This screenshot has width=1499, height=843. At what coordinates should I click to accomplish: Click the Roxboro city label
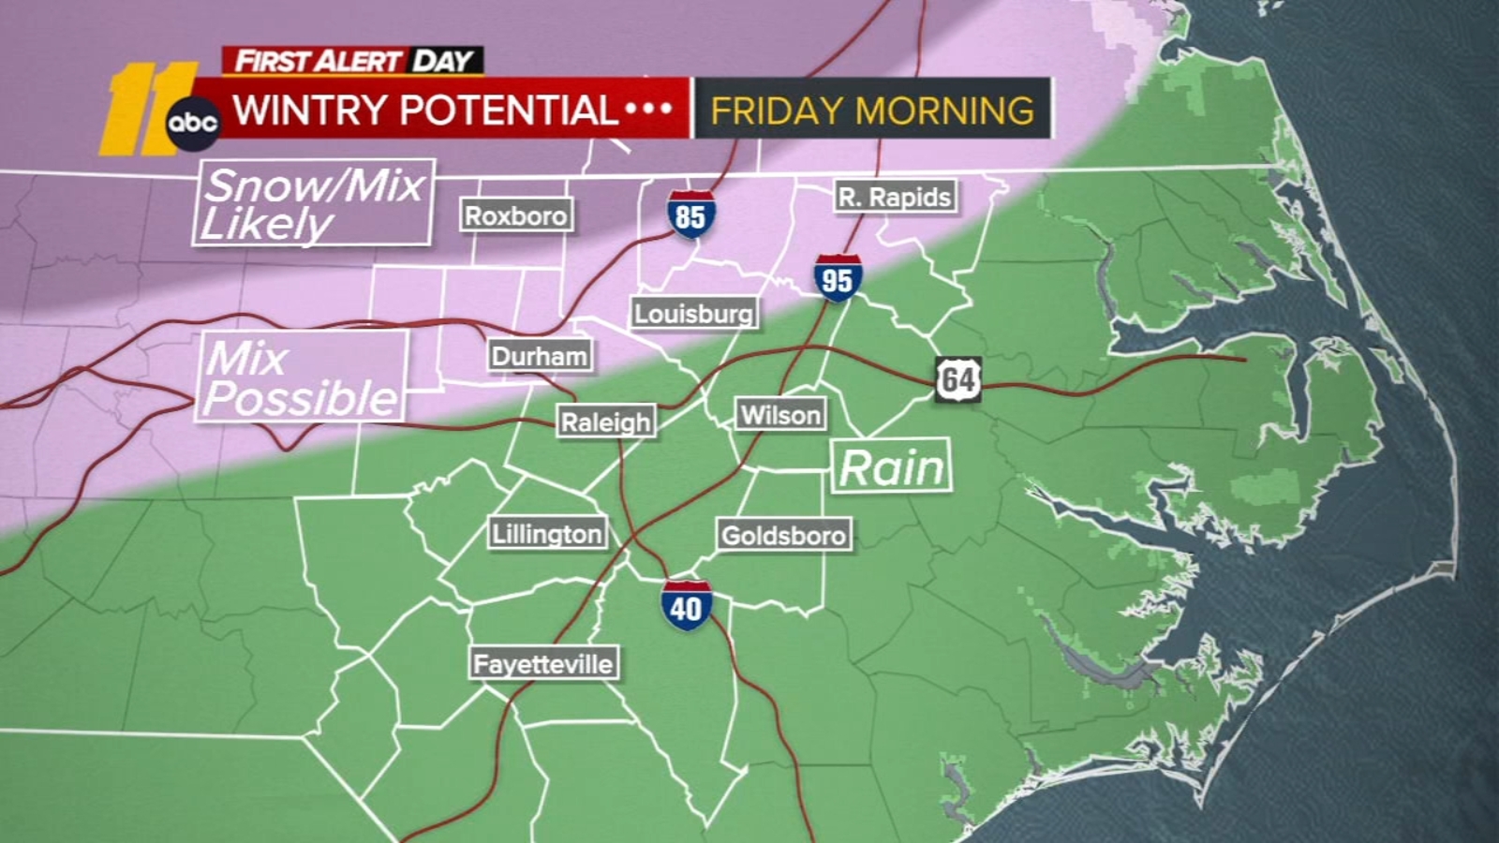pyautogui.click(x=516, y=215)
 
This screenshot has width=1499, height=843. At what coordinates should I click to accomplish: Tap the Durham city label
pyautogui.click(x=540, y=356)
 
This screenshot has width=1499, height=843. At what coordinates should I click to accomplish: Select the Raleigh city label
pyautogui.click(x=605, y=421)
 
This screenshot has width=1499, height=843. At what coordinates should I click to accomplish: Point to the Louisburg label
pyautogui.click(x=693, y=313)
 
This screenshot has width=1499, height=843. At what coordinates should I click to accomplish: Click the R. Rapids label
pyautogui.click(x=895, y=197)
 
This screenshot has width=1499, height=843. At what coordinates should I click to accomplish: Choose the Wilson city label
pyautogui.click(x=780, y=414)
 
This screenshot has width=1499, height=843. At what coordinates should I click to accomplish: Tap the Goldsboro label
pyautogui.click(x=783, y=535)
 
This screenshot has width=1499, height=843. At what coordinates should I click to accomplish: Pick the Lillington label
pyautogui.click(x=547, y=534)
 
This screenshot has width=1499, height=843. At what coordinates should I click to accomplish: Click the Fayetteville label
pyautogui.click(x=543, y=664)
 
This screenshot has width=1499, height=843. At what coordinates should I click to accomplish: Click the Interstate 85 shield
pyautogui.click(x=690, y=215)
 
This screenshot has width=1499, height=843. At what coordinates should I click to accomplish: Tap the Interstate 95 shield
pyautogui.click(x=838, y=278)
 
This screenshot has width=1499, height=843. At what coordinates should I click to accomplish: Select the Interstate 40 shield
pyautogui.click(x=686, y=606)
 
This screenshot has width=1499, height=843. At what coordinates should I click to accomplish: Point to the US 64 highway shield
pyautogui.click(x=957, y=379)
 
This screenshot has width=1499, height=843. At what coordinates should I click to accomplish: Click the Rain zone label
pyautogui.click(x=891, y=466)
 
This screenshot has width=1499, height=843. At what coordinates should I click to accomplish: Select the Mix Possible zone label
pyautogui.click(x=301, y=377)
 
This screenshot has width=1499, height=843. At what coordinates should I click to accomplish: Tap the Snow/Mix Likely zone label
pyautogui.click(x=313, y=203)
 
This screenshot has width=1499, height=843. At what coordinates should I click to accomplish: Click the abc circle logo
pyautogui.click(x=193, y=123)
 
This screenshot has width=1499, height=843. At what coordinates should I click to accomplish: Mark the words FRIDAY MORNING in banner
pyautogui.click(x=872, y=111)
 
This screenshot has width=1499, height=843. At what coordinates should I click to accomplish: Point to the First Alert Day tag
pyautogui.click(x=353, y=61)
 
